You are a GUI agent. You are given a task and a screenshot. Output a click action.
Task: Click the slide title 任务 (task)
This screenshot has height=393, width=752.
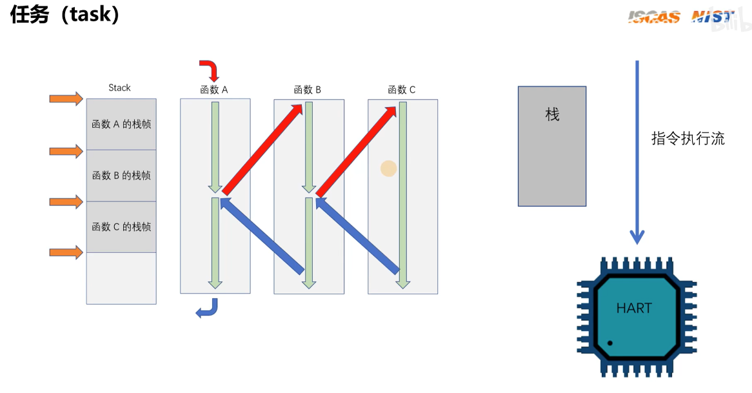(x=65, y=14)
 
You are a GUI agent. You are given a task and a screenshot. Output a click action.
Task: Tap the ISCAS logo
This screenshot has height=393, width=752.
(x=653, y=17)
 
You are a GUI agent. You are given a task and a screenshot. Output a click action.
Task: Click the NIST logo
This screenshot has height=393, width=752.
(x=713, y=17)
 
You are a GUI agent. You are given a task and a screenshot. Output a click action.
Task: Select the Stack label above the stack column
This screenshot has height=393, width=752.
(x=119, y=88)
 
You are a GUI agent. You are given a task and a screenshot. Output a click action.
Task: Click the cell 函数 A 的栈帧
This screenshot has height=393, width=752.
(x=121, y=124)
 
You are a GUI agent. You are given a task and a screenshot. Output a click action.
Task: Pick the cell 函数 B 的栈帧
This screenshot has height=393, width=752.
(x=121, y=176)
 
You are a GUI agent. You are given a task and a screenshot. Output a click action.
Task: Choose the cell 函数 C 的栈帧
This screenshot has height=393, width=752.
(x=121, y=227)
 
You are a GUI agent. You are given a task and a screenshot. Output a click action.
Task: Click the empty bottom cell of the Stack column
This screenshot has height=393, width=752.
(x=121, y=277)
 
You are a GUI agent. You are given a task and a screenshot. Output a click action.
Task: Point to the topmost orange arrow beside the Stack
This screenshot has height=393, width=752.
(x=66, y=99)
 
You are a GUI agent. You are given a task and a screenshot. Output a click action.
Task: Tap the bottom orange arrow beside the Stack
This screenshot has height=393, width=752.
(x=66, y=252)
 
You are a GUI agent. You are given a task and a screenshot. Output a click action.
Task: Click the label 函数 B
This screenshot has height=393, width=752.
(x=307, y=90)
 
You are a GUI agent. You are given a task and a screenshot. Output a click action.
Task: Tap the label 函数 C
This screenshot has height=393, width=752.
(x=401, y=90)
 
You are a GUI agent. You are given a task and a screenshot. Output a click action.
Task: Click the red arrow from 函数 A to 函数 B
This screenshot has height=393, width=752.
(x=262, y=149)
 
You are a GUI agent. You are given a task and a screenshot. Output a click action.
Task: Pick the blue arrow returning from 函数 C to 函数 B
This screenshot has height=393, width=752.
(x=357, y=236)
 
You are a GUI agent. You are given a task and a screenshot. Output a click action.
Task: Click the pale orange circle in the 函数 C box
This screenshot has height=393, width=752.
(x=388, y=168)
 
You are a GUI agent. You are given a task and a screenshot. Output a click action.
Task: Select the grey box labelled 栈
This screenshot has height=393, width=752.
(x=552, y=146)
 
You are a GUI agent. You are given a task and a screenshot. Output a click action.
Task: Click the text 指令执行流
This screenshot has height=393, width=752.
(x=688, y=139)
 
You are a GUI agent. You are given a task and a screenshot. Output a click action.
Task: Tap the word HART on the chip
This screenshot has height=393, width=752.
(x=633, y=308)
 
